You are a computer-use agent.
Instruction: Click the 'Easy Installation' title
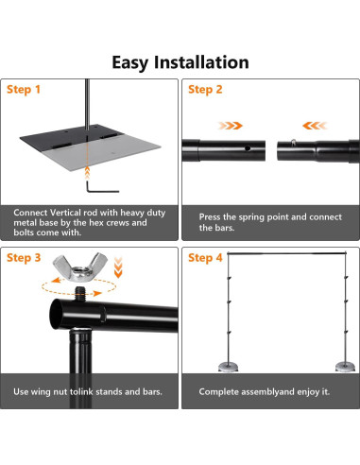click(180, 62)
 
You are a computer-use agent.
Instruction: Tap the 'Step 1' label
click(24, 90)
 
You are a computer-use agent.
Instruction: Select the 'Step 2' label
click(205, 90)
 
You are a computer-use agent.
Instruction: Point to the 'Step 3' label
click(24, 258)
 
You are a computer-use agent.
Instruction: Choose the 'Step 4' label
click(205, 258)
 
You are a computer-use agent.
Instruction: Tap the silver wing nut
click(80, 266)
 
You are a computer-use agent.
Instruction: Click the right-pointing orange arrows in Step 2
click(231, 126)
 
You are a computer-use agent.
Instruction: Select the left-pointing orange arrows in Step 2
click(315, 126)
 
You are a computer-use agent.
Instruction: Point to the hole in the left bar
click(248, 147)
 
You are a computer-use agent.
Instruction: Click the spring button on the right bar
click(294, 142)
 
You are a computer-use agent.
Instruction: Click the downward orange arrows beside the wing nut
click(118, 267)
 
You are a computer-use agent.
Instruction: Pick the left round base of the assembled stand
click(228, 367)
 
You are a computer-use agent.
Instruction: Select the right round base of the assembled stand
click(345, 367)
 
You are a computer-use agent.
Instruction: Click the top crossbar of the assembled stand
click(286, 253)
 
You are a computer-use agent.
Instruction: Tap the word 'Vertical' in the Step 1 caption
click(65, 213)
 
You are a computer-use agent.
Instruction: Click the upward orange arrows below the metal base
click(87, 173)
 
